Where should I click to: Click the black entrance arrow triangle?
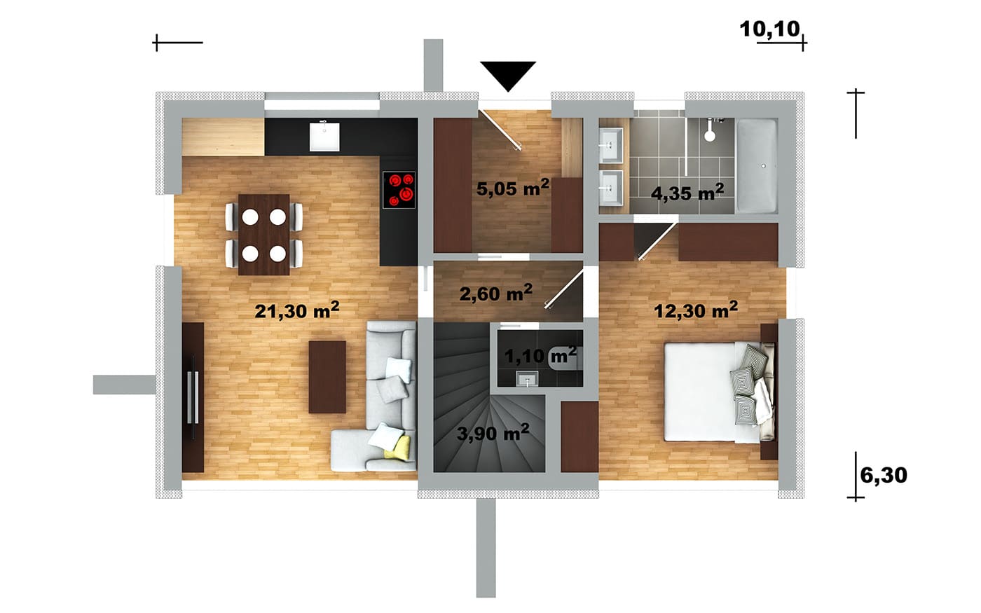508,74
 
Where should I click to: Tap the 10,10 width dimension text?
770,29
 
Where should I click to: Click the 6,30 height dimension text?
884,475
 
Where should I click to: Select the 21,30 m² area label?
297,310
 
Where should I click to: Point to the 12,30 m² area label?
695,310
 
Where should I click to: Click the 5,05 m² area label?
512,188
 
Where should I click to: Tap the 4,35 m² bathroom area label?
687,192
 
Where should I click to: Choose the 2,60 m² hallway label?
496,293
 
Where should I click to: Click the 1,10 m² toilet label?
540,355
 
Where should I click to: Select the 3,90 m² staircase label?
493,433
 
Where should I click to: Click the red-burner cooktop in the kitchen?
399,190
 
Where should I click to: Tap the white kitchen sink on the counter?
324,137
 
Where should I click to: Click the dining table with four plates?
263,235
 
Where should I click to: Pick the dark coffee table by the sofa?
327,377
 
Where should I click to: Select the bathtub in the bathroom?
757,166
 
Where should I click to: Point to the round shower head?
710,136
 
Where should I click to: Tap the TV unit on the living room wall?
193,398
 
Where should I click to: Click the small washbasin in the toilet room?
527,378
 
